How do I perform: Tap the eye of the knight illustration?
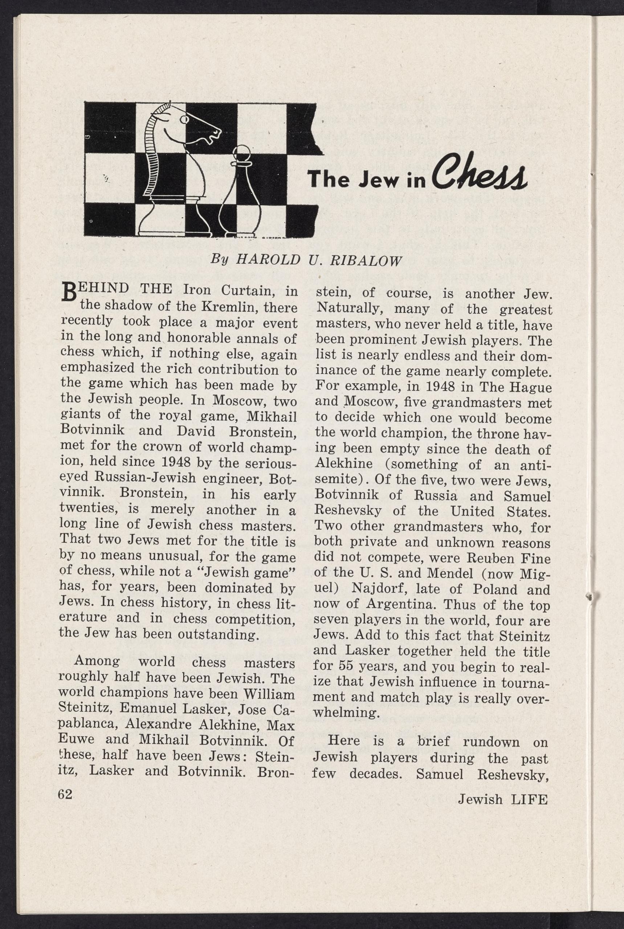point(184,119)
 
